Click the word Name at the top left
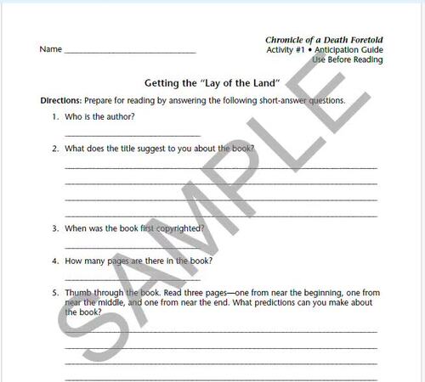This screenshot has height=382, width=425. coord(50,49)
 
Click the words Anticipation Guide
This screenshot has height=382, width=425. coord(349,49)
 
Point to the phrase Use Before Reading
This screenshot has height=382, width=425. coord(347,59)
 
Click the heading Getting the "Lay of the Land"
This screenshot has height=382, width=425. coord(211,83)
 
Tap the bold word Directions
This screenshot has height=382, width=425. coord(60,100)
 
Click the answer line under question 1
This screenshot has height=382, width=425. coord(132,135)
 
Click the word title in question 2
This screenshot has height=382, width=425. coord(129,149)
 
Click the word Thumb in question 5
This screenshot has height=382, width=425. coord(76,292)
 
